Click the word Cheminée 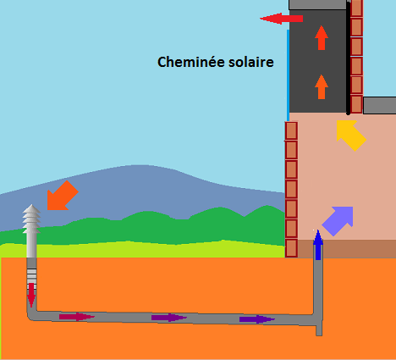(191, 62)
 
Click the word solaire (251, 62)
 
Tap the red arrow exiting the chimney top (281, 19)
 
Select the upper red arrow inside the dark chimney (322, 37)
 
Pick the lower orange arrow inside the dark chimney (322, 86)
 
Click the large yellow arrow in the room (351, 136)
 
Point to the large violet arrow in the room (338, 221)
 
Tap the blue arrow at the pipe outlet (318, 245)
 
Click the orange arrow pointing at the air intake (63, 196)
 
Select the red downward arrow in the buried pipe (31, 295)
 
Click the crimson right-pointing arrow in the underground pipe (77, 317)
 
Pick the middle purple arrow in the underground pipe (169, 318)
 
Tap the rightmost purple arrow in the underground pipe (257, 319)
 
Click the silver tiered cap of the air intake (31, 219)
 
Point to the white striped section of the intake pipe (31, 279)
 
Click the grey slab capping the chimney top (318, 4)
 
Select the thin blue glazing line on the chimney (288, 75)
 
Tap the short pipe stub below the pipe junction (319, 330)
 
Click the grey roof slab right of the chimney (380, 106)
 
